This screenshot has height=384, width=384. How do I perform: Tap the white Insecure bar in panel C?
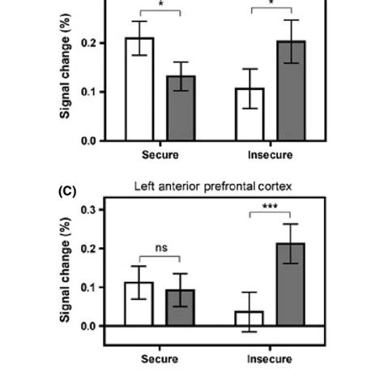pyautogui.click(x=250, y=318)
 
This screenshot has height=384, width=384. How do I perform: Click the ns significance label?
pyautogui.click(x=160, y=248)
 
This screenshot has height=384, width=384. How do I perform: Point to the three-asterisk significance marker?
pyautogui.click(x=270, y=207)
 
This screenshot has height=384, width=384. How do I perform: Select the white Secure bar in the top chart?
pyautogui.click(x=139, y=89)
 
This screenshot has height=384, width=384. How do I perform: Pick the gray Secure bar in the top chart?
pyautogui.click(x=181, y=108)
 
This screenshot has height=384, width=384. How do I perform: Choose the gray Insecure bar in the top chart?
pyautogui.click(x=291, y=91)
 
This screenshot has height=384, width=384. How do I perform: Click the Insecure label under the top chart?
pyautogui.click(x=270, y=154)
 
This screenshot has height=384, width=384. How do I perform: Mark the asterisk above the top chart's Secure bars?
pyautogui.click(x=160, y=5)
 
